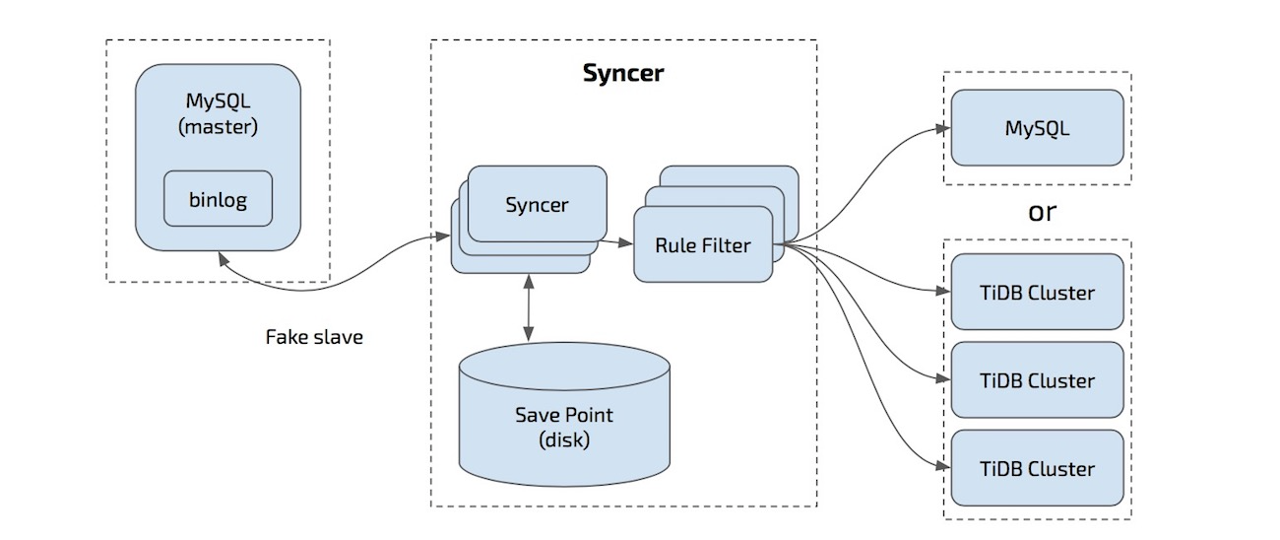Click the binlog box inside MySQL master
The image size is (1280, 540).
click(218, 199)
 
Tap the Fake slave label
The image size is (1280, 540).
click(314, 337)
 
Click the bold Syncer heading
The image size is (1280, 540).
click(622, 74)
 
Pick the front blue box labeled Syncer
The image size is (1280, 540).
click(537, 205)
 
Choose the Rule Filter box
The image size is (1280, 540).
click(702, 245)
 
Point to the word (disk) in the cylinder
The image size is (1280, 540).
click(565, 439)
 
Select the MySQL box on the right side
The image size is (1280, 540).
click(1037, 128)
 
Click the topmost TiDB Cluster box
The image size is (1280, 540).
click(1037, 292)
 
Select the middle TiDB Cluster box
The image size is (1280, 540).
click(1037, 379)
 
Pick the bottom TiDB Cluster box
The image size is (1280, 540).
click(1037, 467)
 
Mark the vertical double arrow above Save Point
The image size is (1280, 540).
click(530, 310)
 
